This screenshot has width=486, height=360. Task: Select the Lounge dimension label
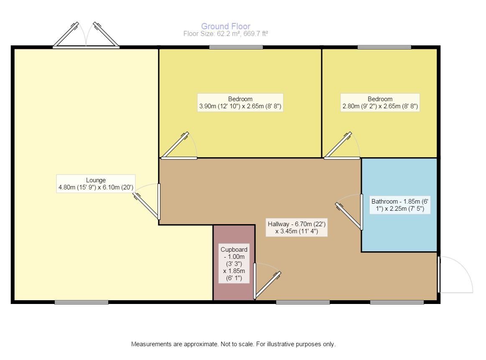click(x=96, y=184)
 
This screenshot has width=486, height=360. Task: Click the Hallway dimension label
click(x=296, y=227)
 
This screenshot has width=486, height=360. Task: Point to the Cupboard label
click(x=234, y=263)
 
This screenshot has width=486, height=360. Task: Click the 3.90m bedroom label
click(x=240, y=103)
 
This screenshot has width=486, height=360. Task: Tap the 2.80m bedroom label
click(x=380, y=103)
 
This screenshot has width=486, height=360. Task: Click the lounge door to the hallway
click(x=147, y=203)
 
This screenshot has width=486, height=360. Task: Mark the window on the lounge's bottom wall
click(x=81, y=302)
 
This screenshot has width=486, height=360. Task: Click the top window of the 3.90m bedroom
click(x=236, y=47)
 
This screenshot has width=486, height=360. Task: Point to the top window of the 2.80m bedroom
click(x=384, y=47)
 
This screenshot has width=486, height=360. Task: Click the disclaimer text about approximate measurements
click(x=234, y=345)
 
